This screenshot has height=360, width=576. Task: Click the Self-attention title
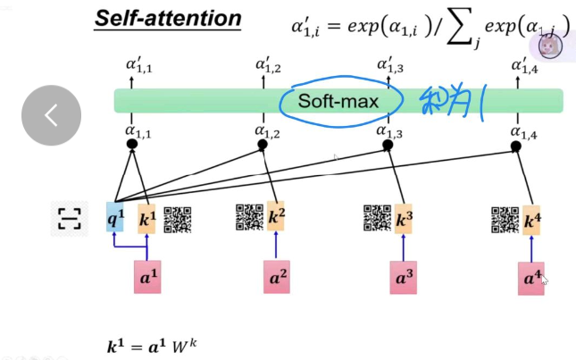[169, 18]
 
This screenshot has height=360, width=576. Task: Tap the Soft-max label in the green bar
[338, 101]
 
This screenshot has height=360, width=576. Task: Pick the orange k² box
[277, 217]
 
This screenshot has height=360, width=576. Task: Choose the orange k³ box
[404, 218]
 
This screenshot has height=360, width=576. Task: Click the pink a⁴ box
[530, 279]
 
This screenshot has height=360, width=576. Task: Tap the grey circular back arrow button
[52, 115]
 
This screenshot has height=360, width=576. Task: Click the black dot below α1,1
[132, 144]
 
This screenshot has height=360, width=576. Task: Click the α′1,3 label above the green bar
[390, 65]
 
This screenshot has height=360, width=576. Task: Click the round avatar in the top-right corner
[547, 47]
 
